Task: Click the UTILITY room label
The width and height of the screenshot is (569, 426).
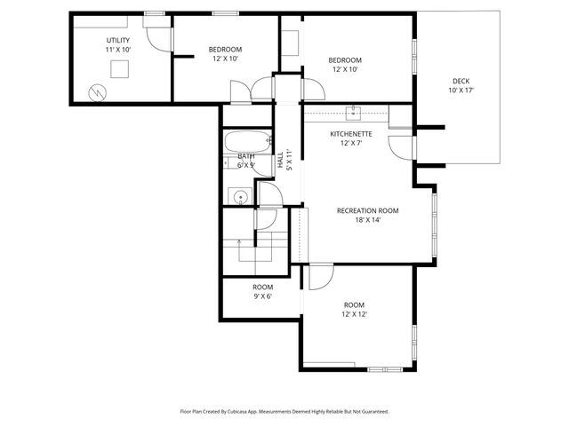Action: (118, 40)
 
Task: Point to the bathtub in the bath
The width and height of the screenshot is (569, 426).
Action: (246, 142)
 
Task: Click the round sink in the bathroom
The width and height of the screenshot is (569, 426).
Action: (238, 197)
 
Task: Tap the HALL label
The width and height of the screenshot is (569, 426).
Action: (280, 161)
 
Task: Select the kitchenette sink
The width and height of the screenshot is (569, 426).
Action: (354, 111)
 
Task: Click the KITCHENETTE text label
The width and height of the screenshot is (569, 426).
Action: (351, 134)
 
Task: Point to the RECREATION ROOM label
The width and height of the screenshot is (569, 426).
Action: (367, 210)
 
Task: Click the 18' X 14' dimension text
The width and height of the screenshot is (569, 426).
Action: (367, 220)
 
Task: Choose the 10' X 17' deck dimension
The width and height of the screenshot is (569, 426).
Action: (461, 91)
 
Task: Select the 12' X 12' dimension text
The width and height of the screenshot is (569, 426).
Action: (355, 314)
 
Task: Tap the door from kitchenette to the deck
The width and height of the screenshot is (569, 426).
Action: (401, 147)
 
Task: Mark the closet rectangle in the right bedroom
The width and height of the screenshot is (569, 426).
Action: (291, 44)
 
